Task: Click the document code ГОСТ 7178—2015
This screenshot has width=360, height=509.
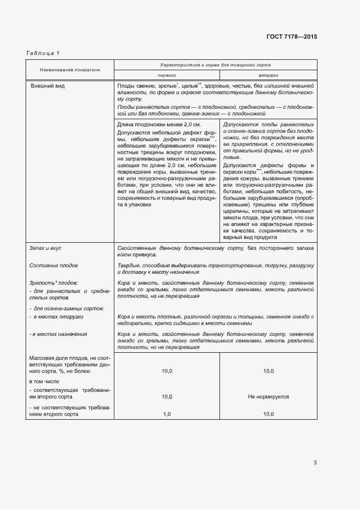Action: click(291, 36)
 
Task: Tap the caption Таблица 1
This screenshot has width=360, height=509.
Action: click(42, 53)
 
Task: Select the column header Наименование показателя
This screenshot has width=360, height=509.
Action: click(70, 70)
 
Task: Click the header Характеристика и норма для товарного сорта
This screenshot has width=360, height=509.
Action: click(215, 65)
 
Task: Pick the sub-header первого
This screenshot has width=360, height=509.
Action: click(167, 76)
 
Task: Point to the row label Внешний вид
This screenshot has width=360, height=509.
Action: click(47, 87)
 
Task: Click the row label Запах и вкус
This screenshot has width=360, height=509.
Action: click(46, 248)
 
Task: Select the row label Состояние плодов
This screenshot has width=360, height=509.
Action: click(54, 266)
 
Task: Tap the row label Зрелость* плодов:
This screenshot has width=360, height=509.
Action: click(53, 283)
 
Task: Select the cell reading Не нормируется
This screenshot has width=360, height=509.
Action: click(268, 397)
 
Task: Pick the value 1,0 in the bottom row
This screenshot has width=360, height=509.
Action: click(167, 414)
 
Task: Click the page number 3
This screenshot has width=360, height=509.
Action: click(315, 463)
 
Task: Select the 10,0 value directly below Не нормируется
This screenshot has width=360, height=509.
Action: click(268, 414)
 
